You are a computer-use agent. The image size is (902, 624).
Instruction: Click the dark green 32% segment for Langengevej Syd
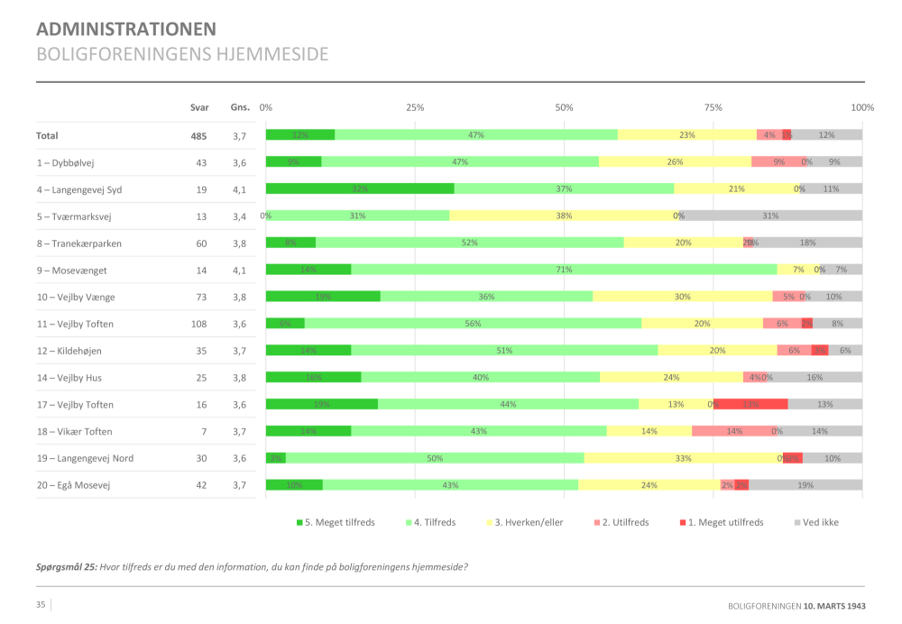(360, 188)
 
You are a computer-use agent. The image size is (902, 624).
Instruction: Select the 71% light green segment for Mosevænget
(564, 270)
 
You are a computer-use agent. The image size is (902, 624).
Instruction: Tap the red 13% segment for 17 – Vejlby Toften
(750, 404)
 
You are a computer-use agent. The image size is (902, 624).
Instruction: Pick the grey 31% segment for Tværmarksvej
(770, 216)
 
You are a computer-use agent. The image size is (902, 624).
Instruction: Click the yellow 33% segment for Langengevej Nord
(683, 458)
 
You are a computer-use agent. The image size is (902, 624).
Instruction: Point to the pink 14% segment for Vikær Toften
(734, 431)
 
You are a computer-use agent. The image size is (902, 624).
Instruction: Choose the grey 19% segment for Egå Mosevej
(805, 485)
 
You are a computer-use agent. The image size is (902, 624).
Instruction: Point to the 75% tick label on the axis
(713, 107)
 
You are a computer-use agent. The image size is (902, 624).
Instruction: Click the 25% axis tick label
(415, 107)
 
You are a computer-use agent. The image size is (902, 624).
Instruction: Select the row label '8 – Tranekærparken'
(78, 243)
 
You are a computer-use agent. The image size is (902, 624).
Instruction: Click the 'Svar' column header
(198, 107)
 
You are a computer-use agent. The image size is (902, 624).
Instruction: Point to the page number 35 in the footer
(41, 604)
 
